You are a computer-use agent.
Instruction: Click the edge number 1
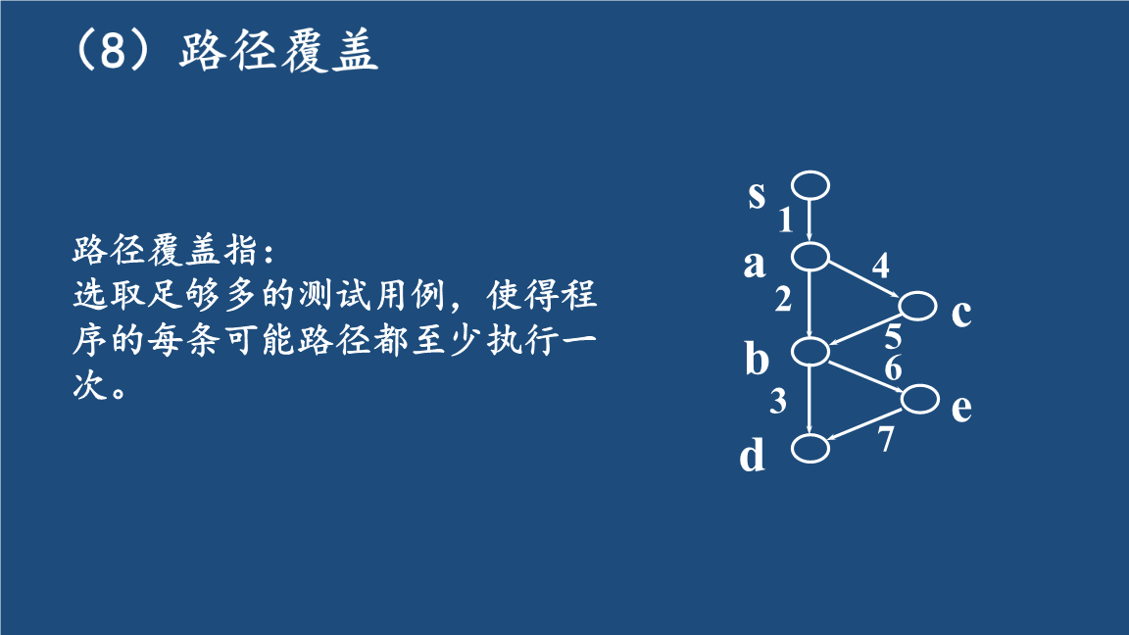tap(786, 220)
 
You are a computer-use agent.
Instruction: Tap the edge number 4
tap(881, 266)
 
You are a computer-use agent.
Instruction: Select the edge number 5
tap(893, 337)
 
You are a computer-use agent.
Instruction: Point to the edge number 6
tap(893, 367)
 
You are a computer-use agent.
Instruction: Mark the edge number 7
tap(886, 438)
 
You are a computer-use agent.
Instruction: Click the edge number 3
tap(777, 401)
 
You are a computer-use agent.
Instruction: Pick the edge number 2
tap(783, 299)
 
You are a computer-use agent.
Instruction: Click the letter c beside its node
tap(961, 314)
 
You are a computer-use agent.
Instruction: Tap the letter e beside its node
tap(962, 409)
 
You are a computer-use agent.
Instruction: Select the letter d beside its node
tap(753, 455)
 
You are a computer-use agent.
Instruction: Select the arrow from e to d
tap(865, 424)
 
